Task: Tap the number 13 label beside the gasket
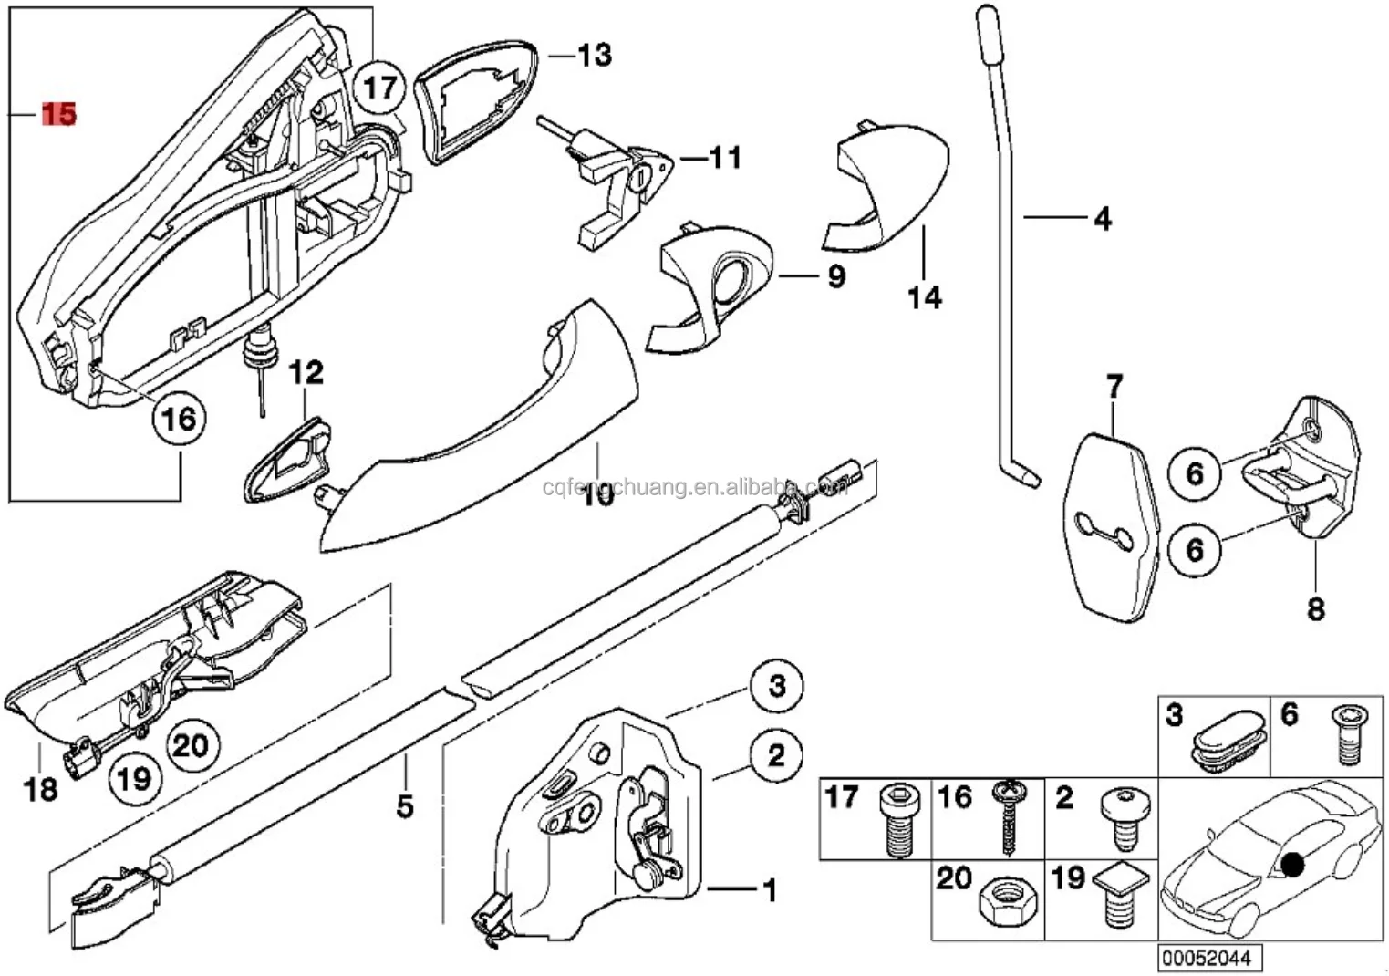coord(594,55)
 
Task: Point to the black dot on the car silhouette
coord(1292,863)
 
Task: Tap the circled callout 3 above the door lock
coord(776,685)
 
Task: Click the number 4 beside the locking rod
coord(1102,219)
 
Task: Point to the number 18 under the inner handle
coord(41,789)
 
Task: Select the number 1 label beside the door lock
coord(769,889)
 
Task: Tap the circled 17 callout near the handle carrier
coord(380,88)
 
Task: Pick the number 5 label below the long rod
coord(404,806)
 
